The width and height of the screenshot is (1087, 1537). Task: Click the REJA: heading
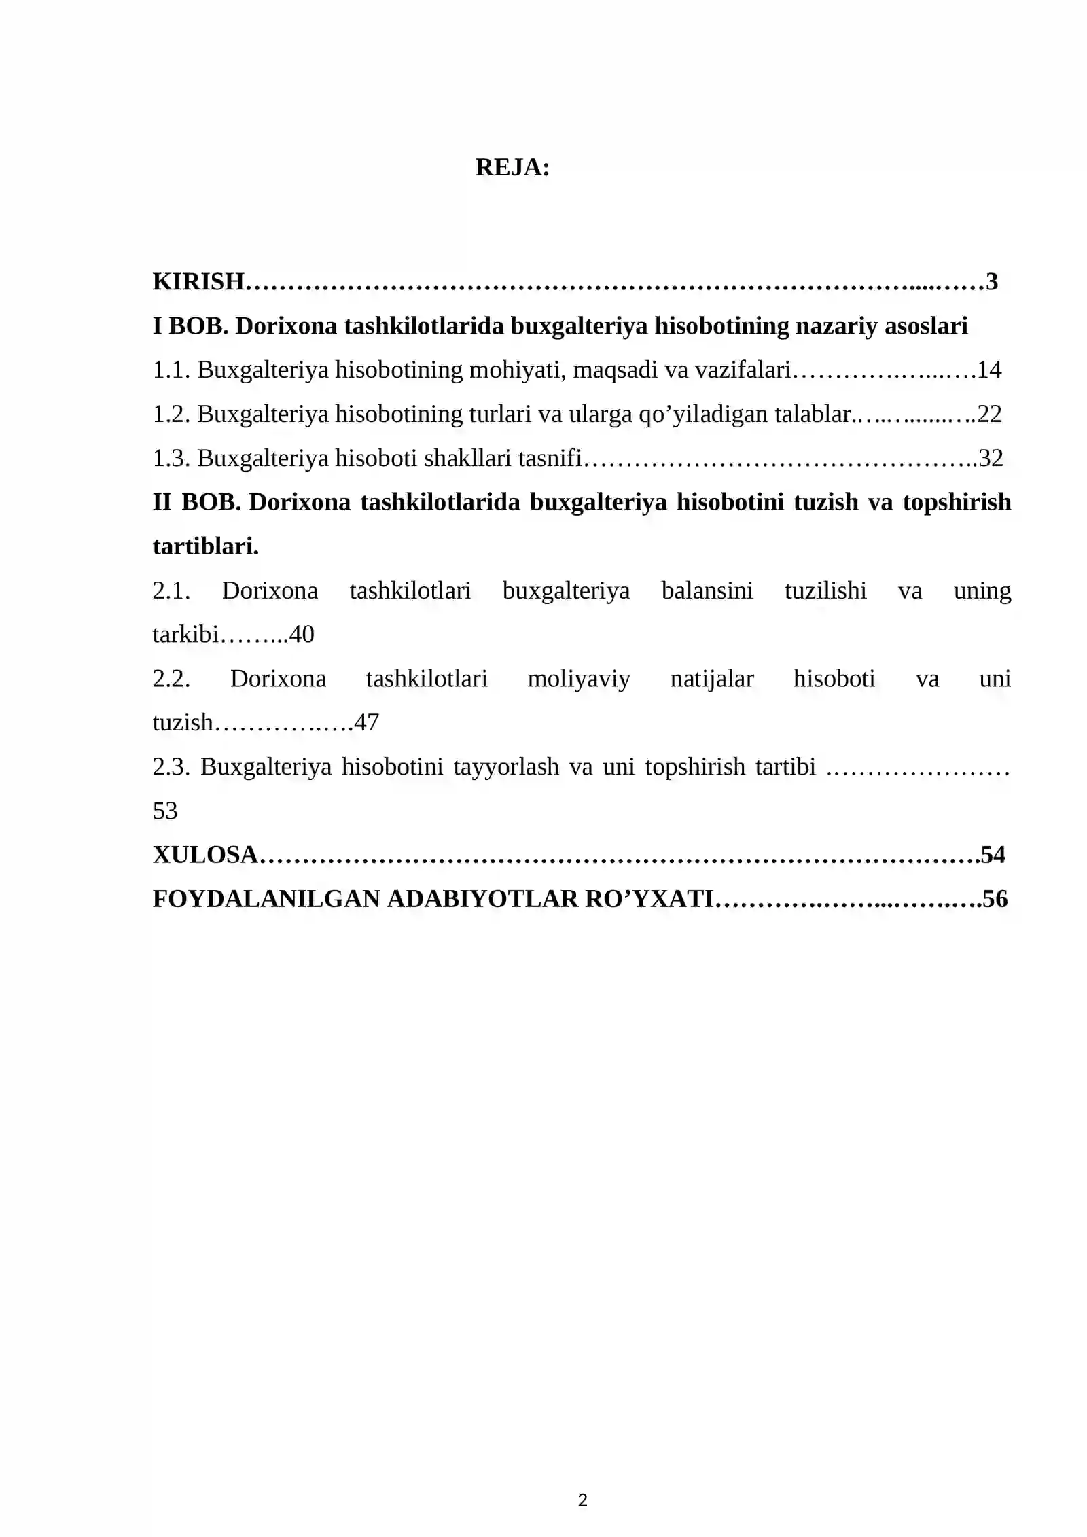[x=512, y=167]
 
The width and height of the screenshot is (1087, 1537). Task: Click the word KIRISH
[x=198, y=281]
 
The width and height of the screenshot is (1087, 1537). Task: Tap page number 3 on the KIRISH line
[x=992, y=281]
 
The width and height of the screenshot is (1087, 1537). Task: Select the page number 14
[x=989, y=370]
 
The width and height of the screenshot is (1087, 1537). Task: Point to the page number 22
[x=989, y=414]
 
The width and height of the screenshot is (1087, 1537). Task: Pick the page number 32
[x=991, y=459]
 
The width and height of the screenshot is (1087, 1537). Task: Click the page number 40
[x=302, y=635]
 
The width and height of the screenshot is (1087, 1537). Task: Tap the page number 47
[x=366, y=722]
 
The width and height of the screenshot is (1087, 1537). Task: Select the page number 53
[x=165, y=811]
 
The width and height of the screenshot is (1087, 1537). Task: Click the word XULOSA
[x=205, y=855]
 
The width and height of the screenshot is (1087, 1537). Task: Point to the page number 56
[x=995, y=899]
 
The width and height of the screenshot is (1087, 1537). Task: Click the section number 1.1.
[x=171, y=370]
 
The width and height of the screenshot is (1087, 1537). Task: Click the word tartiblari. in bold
[x=206, y=546]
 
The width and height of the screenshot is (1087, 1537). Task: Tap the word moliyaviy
[x=579, y=679]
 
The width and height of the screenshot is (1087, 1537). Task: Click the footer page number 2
[x=582, y=1500]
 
